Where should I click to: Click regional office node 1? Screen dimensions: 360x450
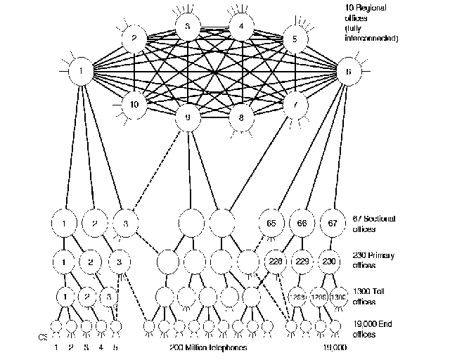(82, 71)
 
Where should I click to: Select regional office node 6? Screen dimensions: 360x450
(348, 72)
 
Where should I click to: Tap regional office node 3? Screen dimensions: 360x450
(187, 27)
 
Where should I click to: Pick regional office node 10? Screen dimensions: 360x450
(133, 105)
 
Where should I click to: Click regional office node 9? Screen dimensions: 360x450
(188, 119)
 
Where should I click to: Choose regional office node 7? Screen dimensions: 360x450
(295, 105)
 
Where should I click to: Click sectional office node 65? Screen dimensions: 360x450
(272, 224)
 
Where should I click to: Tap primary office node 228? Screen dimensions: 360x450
(275, 261)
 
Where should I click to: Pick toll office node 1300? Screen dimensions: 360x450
(338, 297)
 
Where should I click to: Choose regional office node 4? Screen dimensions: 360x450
(241, 27)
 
